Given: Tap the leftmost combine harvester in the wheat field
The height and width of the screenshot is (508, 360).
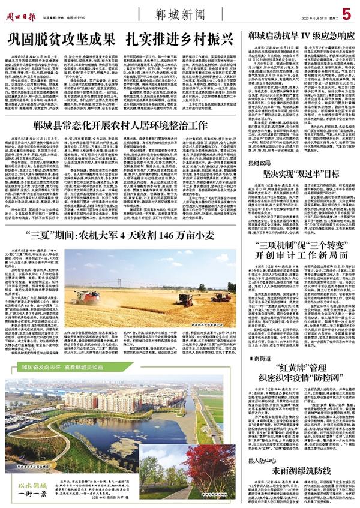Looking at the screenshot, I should pos(88,295).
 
